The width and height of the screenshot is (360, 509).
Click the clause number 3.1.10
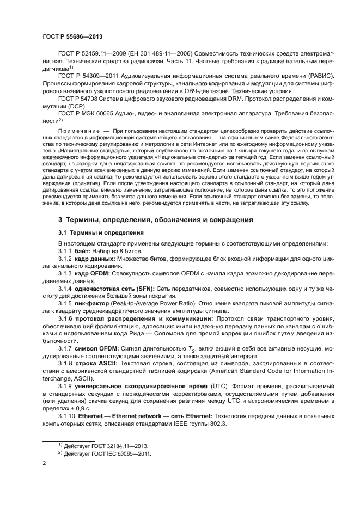[x=68, y=415]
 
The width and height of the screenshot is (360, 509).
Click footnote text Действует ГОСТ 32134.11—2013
[x=107, y=445]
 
